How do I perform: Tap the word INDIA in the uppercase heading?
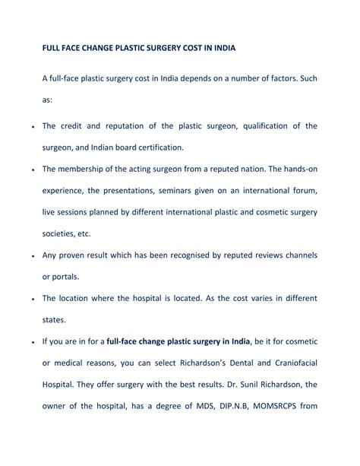pyautogui.click(x=220, y=48)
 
